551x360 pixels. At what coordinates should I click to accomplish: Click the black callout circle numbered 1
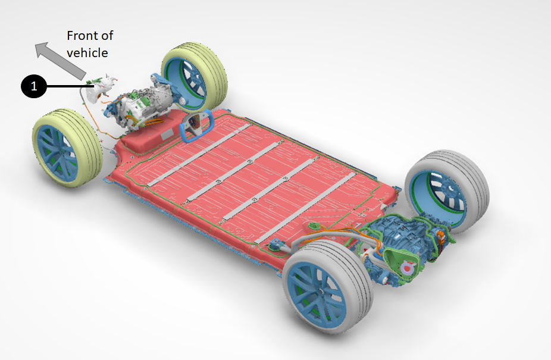click(34, 86)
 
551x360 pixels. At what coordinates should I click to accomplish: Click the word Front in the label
click(80, 36)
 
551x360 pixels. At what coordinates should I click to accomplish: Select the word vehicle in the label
click(87, 53)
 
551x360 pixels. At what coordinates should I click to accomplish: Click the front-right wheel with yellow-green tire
click(194, 77)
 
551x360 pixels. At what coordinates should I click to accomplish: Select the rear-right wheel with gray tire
click(447, 191)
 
